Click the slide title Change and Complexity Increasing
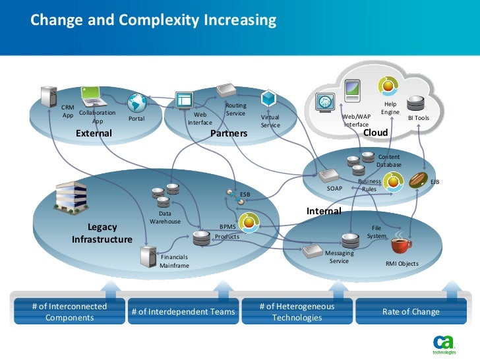click(153, 20)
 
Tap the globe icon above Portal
click(136, 103)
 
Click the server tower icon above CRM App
click(48, 96)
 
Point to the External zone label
click(94, 133)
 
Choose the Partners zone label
click(229, 133)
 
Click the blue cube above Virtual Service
click(268, 99)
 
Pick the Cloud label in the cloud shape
click(376, 133)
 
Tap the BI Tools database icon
click(416, 104)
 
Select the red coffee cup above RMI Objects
click(400, 245)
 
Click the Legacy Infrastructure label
click(102, 233)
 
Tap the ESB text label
click(245, 195)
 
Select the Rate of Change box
click(411, 312)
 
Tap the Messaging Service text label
click(339, 256)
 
